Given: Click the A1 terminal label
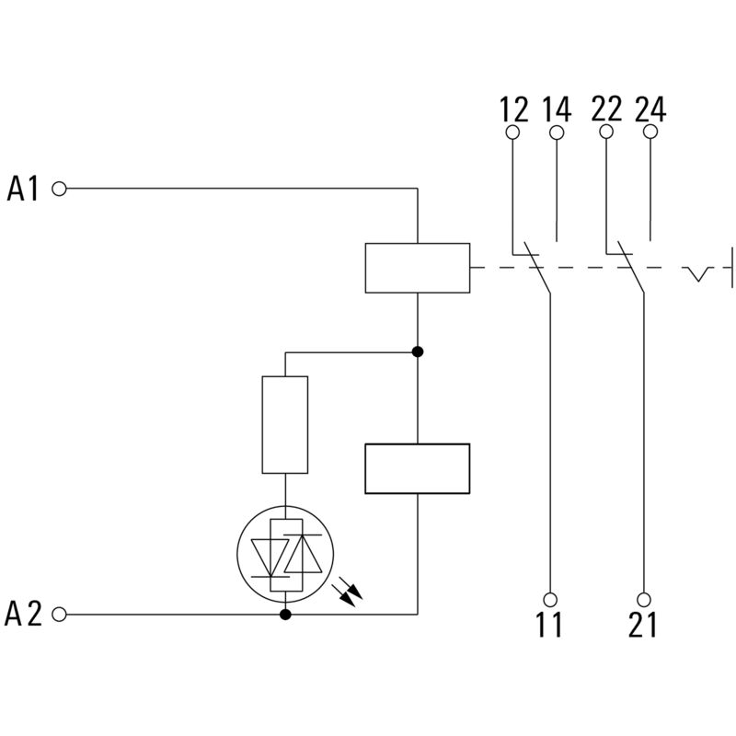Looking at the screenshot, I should tap(23, 190).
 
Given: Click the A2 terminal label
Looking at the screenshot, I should tap(23, 614).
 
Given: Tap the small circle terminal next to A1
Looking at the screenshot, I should tap(61, 189).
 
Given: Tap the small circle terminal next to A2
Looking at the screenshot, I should tap(61, 614).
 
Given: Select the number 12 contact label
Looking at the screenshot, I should tap(514, 110).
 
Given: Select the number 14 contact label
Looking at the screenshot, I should tap(557, 110).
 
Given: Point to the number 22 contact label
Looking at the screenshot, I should tap(606, 110).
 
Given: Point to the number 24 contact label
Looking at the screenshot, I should tap(650, 110).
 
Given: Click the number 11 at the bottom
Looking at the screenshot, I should tap(549, 626).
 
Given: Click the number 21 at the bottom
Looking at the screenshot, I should tap(643, 626).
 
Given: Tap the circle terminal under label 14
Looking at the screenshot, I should tap(557, 132).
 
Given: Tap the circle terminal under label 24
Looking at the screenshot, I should tap(650, 132).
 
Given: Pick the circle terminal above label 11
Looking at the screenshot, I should tap(551, 597).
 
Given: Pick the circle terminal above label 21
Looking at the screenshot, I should tap(644, 597).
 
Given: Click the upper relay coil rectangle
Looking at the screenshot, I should tap(418, 268).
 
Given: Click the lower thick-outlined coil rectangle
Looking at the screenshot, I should tap(418, 469).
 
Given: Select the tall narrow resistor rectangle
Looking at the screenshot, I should tap(285, 425).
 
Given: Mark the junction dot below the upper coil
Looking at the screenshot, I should tap(418, 351).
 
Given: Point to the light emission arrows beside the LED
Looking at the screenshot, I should tap(349, 588).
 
